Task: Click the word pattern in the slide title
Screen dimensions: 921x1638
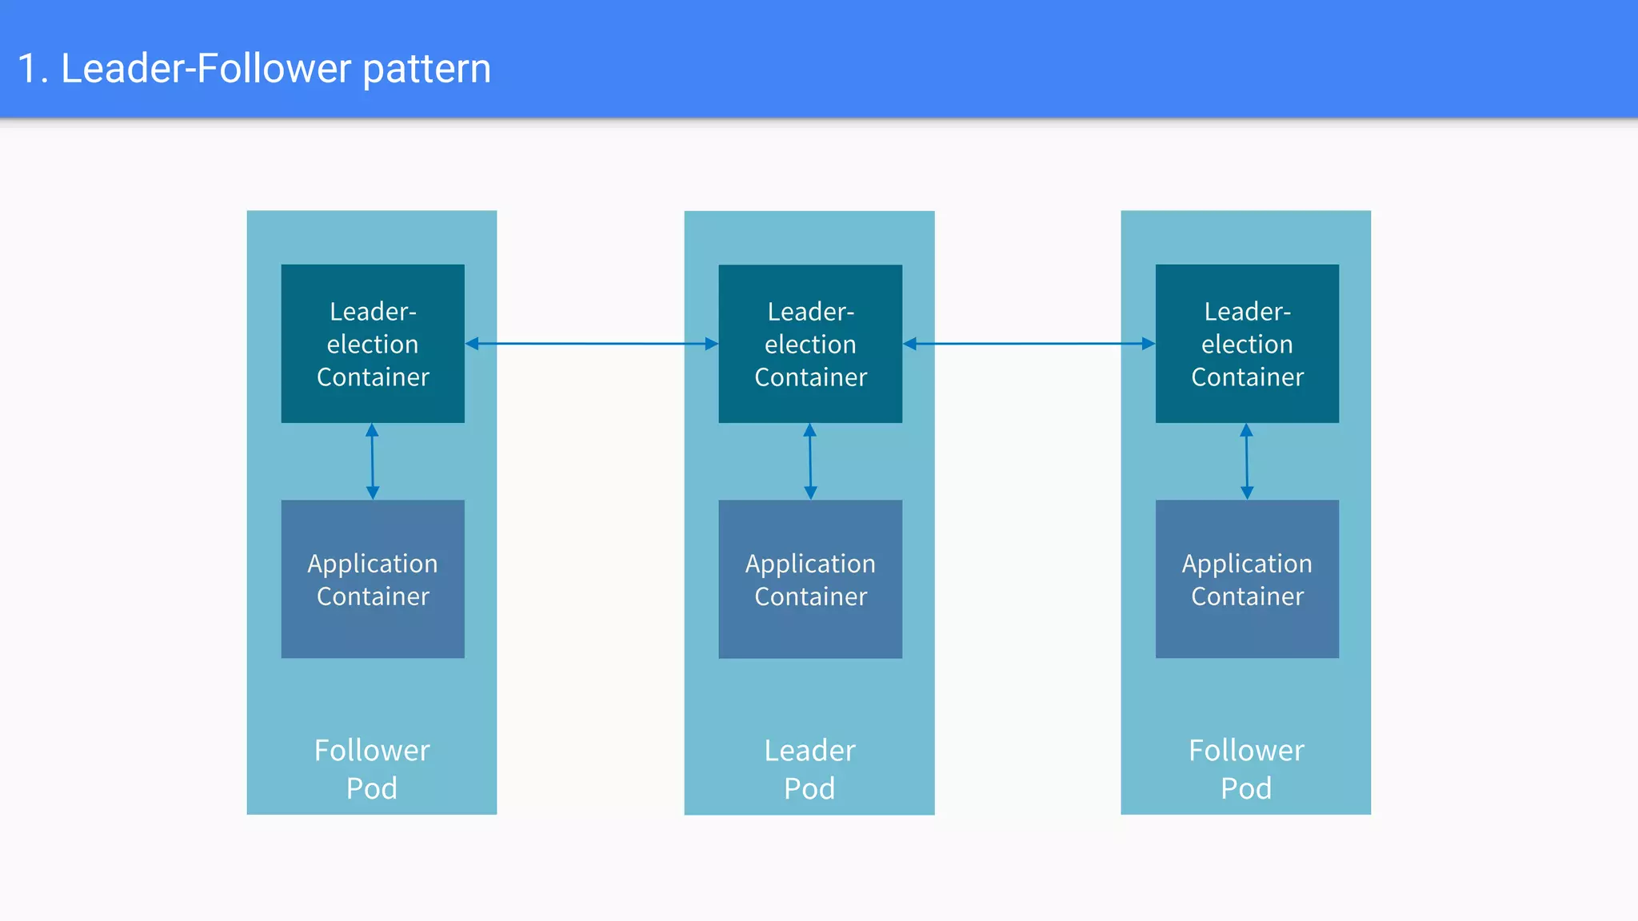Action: pyautogui.click(x=426, y=70)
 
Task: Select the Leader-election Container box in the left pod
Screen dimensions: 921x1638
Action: pyautogui.click(x=373, y=344)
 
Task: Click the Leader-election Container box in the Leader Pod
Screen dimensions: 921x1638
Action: pyautogui.click(x=810, y=344)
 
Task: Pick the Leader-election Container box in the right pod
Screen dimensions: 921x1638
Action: pyautogui.click(x=1247, y=344)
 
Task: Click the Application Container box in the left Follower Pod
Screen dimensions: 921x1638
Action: pyautogui.click(x=373, y=580)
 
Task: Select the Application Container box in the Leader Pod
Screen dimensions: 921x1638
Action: pyautogui.click(x=810, y=580)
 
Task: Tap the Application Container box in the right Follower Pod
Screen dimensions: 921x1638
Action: pyautogui.click(x=1247, y=580)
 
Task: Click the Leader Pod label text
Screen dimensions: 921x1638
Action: pyautogui.click(x=809, y=769)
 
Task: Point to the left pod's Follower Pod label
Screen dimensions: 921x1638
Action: pyautogui.click(x=372, y=769)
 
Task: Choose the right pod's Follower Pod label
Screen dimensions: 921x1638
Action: pyautogui.click(x=1246, y=769)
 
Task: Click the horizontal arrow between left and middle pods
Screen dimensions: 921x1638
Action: pyautogui.click(x=592, y=344)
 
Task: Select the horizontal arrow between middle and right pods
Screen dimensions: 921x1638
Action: pyautogui.click(x=1029, y=344)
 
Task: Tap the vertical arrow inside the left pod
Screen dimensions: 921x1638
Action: pyautogui.click(x=372, y=461)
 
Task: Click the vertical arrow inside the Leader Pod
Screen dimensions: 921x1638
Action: pyautogui.click(x=810, y=461)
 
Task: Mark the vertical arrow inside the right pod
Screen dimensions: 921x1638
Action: pyautogui.click(x=1246, y=461)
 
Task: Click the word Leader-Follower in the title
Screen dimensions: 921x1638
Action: pyautogui.click(x=206, y=69)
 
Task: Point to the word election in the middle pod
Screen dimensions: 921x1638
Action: pyautogui.click(x=810, y=345)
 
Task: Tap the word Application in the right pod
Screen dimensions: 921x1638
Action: pyautogui.click(x=1247, y=564)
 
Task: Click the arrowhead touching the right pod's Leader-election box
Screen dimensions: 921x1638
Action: pyautogui.click(x=1149, y=344)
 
